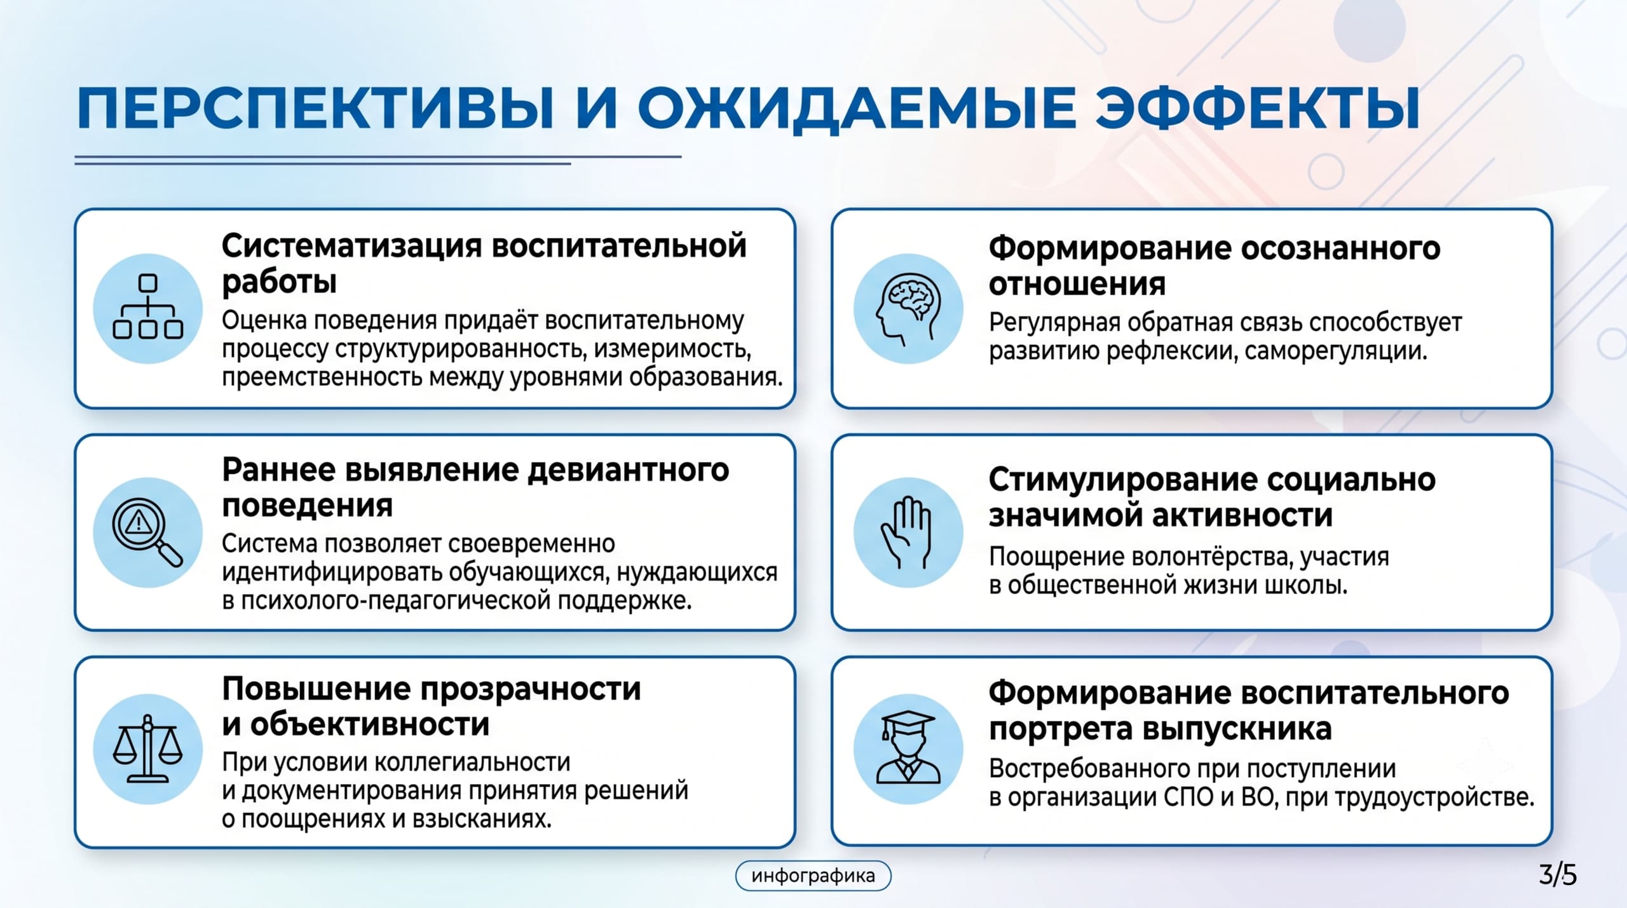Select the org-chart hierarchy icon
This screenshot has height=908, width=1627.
coord(148,306)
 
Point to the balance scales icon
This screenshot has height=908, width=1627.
coord(147,749)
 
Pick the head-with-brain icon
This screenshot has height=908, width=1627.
coord(908,308)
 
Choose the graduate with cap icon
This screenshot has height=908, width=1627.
coord(908,747)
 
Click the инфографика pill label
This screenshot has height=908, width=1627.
coord(813,876)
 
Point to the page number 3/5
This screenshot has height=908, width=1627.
coord(1558,875)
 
